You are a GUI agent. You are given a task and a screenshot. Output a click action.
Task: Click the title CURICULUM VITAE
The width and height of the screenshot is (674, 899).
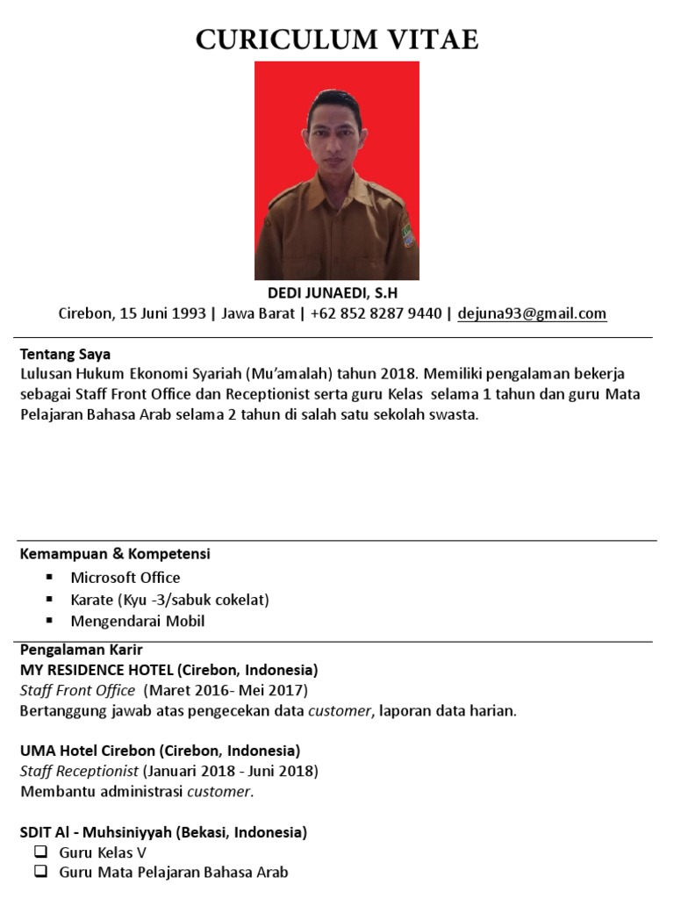337,40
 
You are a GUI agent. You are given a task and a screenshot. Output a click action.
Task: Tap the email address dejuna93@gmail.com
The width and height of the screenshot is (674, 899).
532,313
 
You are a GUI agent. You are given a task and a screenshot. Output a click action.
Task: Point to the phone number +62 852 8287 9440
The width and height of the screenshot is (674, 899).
376,313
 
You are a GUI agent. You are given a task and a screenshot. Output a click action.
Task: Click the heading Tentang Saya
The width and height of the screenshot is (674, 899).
65,355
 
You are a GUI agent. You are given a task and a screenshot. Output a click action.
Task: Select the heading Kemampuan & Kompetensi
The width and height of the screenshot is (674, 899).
115,554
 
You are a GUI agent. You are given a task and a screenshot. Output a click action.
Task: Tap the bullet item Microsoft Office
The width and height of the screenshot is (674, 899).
125,578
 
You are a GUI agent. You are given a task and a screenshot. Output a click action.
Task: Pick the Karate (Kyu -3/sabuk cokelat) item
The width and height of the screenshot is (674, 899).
169,600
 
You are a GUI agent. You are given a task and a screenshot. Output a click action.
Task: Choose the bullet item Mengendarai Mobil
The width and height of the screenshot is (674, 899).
138,622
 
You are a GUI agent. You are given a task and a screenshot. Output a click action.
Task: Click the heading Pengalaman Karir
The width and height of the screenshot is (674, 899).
81,650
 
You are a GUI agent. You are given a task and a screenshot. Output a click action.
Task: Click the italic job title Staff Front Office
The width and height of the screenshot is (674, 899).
77,691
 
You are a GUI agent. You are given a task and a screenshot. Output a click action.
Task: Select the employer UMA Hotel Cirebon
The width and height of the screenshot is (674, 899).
88,752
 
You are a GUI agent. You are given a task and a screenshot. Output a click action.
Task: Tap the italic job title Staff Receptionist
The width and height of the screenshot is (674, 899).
79,772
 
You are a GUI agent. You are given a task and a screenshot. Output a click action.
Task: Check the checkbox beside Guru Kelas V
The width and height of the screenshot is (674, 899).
39,852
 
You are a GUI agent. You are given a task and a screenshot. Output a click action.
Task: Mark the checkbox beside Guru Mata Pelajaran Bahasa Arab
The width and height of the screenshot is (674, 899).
39,872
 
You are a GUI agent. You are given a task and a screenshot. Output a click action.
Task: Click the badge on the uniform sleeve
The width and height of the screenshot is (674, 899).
407,235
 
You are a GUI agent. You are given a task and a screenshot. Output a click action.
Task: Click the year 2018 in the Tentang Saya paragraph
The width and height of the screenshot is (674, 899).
399,373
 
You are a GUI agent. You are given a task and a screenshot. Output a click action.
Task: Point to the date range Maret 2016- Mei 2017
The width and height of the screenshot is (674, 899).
226,691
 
